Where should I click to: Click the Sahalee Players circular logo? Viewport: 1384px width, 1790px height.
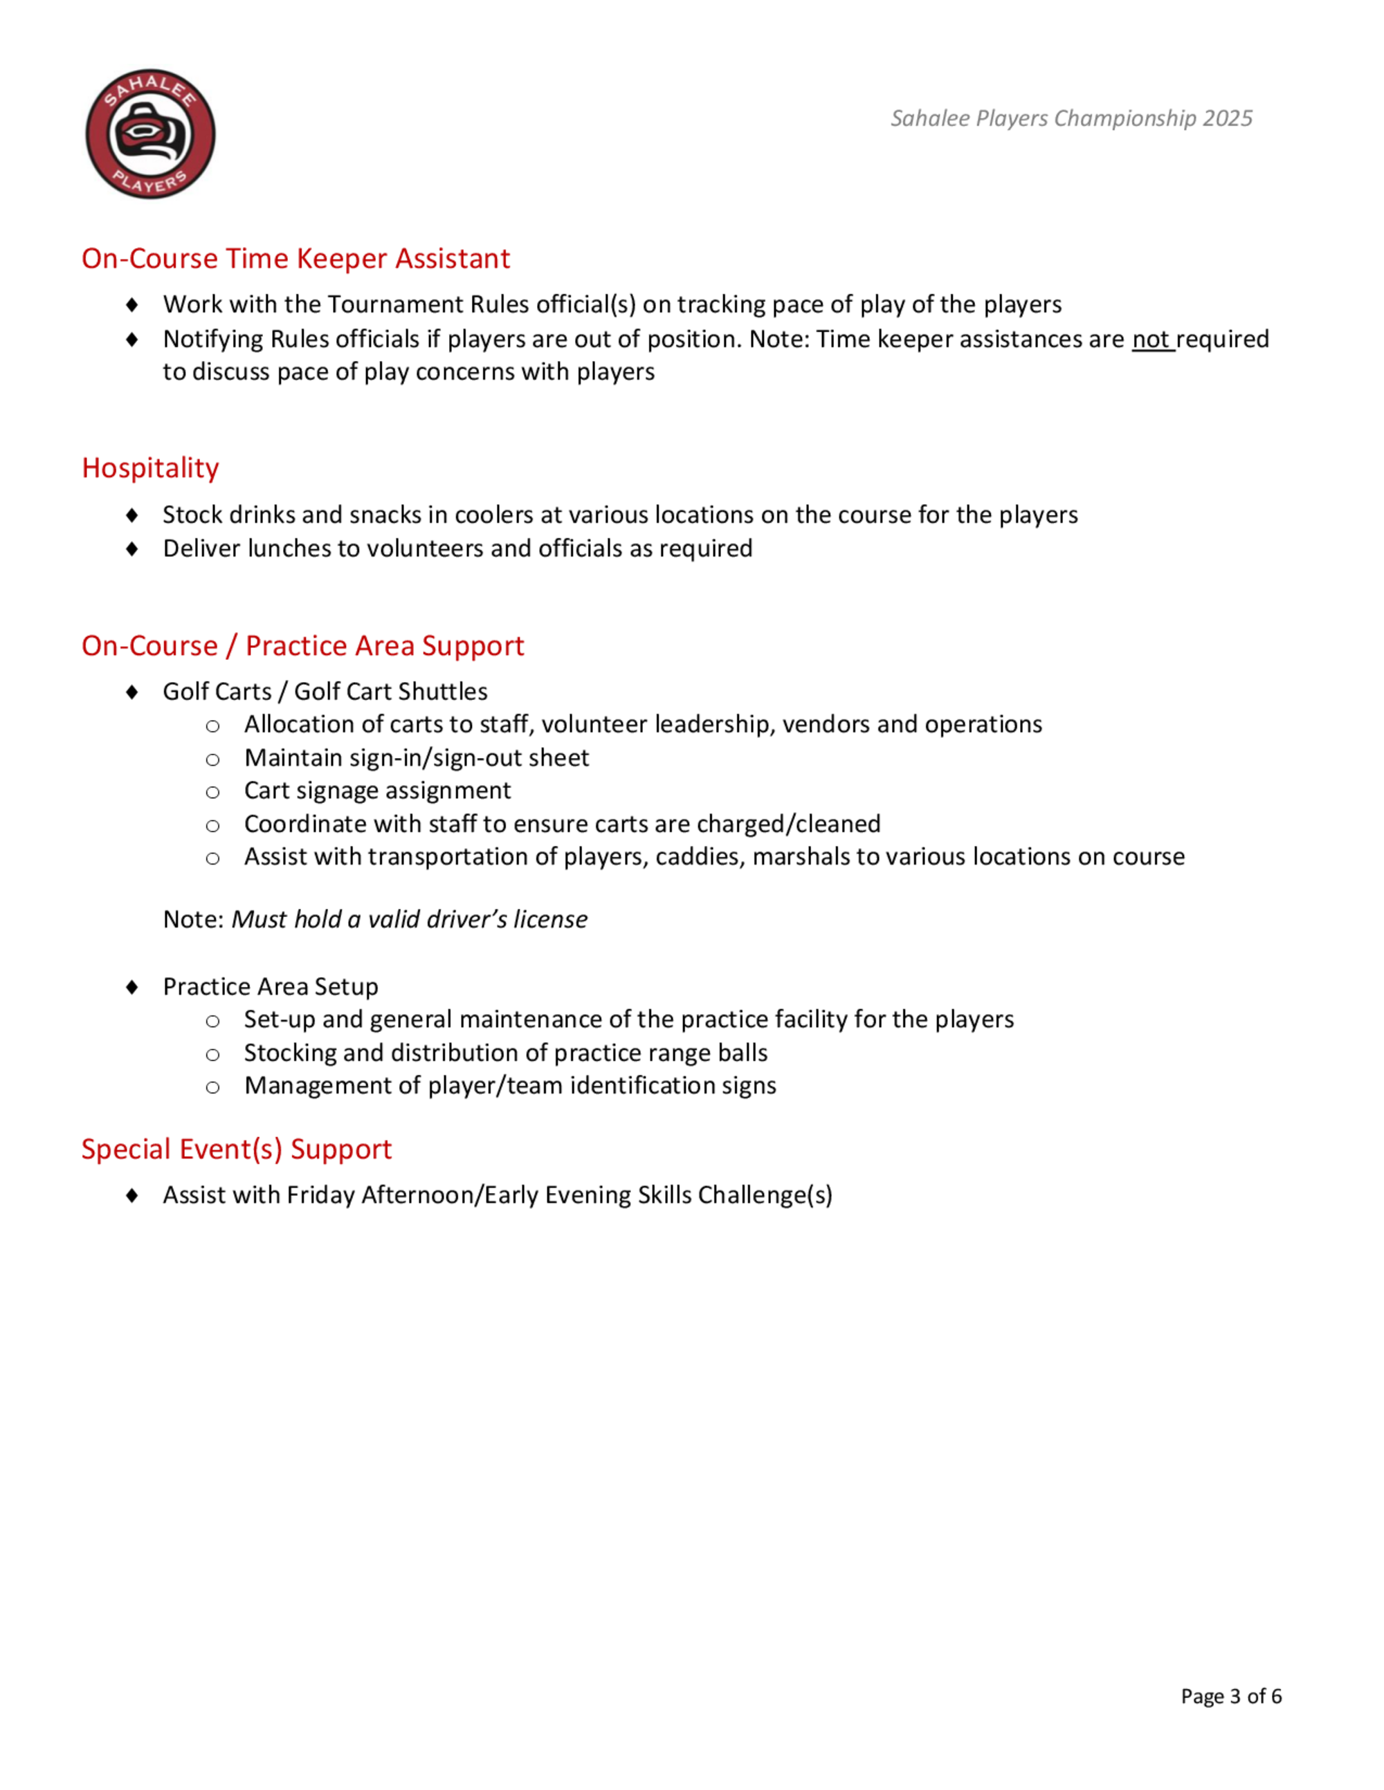(151, 133)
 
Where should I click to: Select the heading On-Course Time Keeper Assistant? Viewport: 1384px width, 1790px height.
(295, 259)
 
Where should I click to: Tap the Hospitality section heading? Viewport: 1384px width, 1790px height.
(150, 468)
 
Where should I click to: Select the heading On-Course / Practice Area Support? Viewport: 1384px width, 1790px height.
(302, 646)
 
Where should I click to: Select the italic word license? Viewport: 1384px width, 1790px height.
(550, 920)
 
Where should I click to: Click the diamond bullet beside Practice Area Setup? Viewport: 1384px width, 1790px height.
(132, 987)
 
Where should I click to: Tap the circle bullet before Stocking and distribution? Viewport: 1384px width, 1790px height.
(212, 1054)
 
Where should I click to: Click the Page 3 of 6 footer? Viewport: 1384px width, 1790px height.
(1230, 1697)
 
